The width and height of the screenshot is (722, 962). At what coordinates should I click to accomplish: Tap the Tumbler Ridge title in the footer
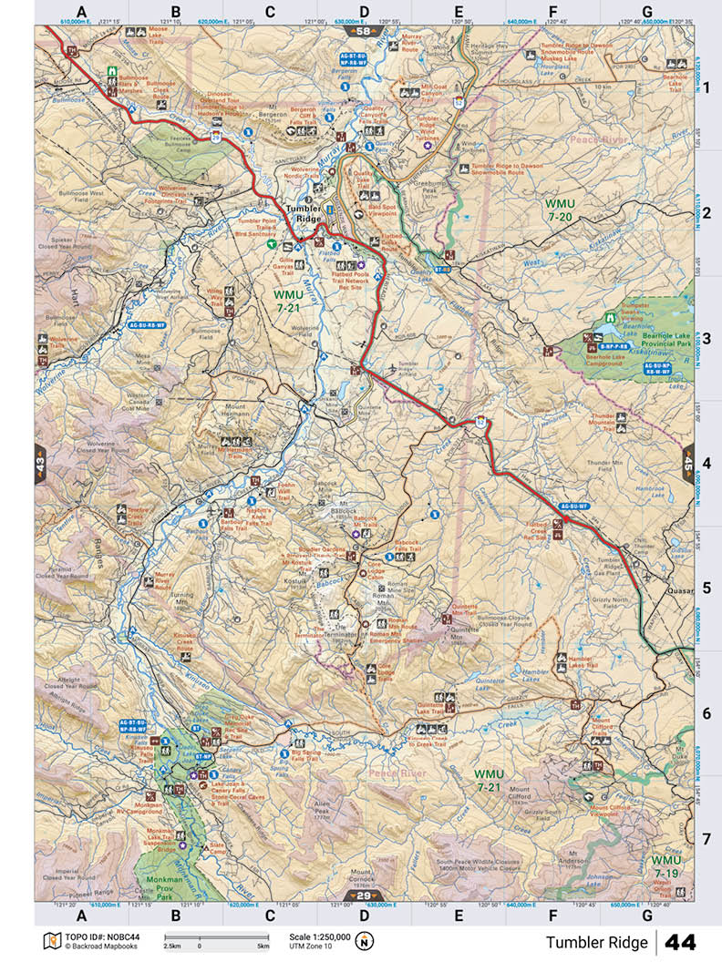[597, 942]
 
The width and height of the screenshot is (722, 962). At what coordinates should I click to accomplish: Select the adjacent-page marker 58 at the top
[364, 32]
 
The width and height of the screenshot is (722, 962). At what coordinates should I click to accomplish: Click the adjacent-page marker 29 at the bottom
[364, 895]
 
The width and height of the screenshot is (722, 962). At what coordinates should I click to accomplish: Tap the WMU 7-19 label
[666, 866]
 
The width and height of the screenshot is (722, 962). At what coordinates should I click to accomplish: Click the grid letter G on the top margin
[646, 12]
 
